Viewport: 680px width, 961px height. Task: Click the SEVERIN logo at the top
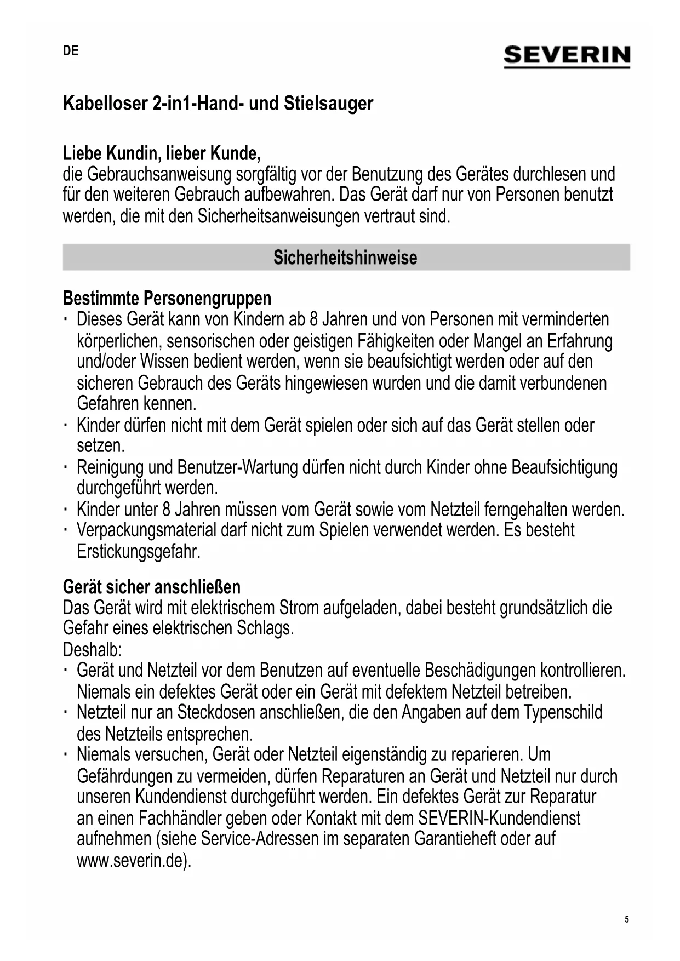pyautogui.click(x=567, y=56)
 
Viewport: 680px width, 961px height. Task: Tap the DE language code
pyautogui.click(x=71, y=51)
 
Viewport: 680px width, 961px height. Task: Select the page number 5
pyautogui.click(x=627, y=919)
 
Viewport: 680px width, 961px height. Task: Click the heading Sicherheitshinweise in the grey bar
pyautogui.click(x=345, y=258)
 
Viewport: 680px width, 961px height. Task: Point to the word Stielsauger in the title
pyautogui.click(x=328, y=104)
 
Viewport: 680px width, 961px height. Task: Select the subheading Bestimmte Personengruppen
pyautogui.click(x=167, y=299)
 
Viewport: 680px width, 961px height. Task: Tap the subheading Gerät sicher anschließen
pyautogui.click(x=152, y=587)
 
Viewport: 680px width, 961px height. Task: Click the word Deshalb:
pyautogui.click(x=92, y=650)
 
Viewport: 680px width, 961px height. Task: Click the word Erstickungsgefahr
pyautogui.click(x=139, y=552)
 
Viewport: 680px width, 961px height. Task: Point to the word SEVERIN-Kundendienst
pyautogui.click(x=499, y=819)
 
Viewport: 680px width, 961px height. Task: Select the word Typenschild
pyautogui.click(x=563, y=713)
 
